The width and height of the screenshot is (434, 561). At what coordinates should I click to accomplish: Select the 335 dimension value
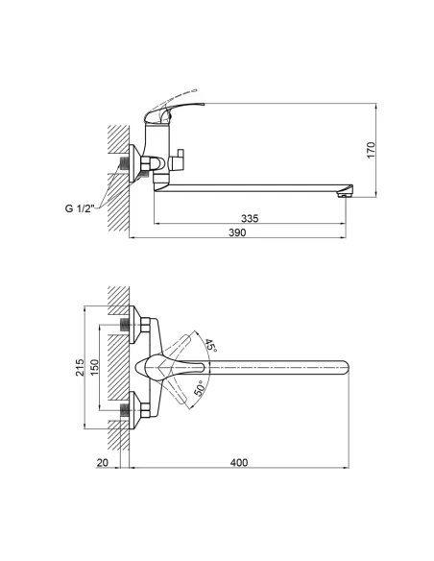coord(250,219)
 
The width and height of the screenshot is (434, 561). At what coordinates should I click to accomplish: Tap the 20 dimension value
coord(103,463)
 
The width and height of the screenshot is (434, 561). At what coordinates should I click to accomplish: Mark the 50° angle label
coord(200,386)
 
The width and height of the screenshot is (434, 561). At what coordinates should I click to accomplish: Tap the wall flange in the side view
coord(135,164)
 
